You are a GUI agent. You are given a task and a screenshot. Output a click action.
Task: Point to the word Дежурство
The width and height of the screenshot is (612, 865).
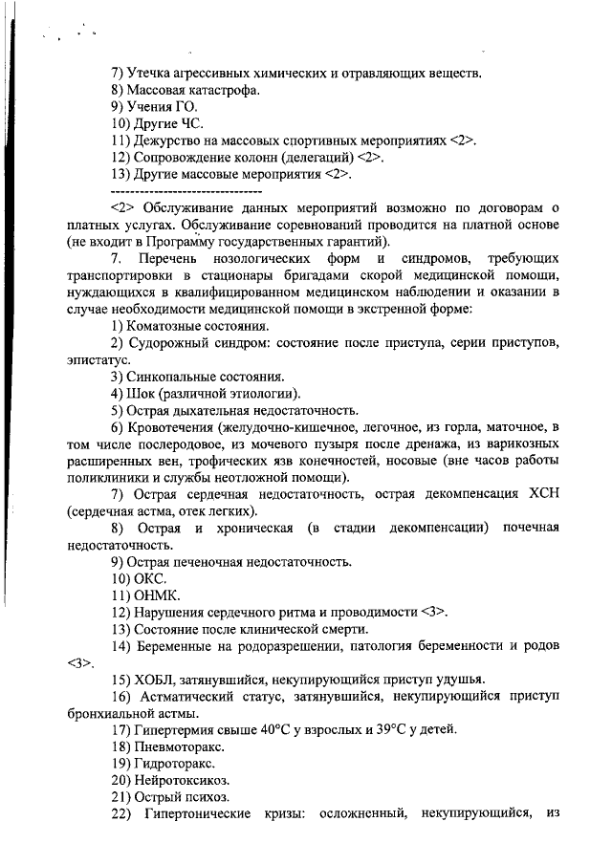pos(168,141)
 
